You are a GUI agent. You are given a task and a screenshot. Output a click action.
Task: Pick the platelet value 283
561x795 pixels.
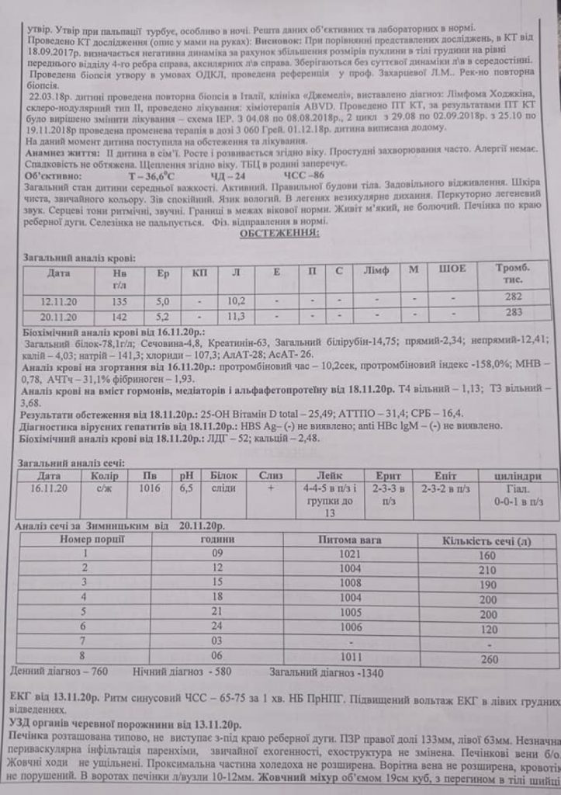(513, 312)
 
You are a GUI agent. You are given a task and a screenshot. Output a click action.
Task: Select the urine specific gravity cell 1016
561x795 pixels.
(150, 489)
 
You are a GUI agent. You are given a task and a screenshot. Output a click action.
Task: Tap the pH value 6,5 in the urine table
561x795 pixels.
(188, 489)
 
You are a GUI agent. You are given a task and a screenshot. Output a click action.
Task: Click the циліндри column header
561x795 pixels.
(518, 475)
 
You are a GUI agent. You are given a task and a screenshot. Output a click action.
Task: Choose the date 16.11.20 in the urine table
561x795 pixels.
(50, 489)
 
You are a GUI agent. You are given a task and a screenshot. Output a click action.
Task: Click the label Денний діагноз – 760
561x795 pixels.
(61, 670)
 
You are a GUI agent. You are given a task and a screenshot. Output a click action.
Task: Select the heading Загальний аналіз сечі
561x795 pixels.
(67, 463)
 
